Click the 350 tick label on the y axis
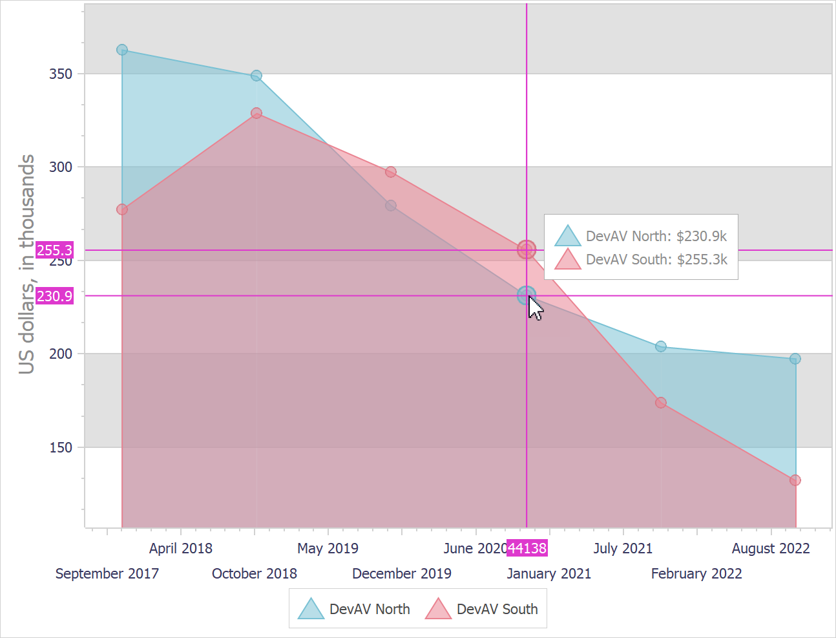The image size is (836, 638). click(x=61, y=74)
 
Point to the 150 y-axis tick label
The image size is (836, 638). click(x=61, y=447)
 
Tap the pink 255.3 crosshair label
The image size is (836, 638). click(x=54, y=250)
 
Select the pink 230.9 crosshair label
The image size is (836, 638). click(x=54, y=296)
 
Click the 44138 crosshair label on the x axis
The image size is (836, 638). click(x=527, y=548)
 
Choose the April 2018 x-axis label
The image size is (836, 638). click(x=180, y=548)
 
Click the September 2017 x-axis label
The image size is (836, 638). click(x=107, y=573)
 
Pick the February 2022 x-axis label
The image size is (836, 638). click(x=696, y=573)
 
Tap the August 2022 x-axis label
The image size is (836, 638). click(x=771, y=548)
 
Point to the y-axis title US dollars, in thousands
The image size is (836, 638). click(x=26, y=264)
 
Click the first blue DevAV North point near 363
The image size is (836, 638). click(x=122, y=50)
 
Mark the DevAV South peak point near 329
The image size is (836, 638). click(x=256, y=113)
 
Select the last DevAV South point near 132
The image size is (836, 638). click(x=795, y=480)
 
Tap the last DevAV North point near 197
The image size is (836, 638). click(x=795, y=359)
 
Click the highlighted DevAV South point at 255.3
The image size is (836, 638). click(x=527, y=250)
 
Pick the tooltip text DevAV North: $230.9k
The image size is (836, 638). click(x=656, y=236)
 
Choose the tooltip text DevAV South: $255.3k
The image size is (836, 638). click(x=656, y=259)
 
